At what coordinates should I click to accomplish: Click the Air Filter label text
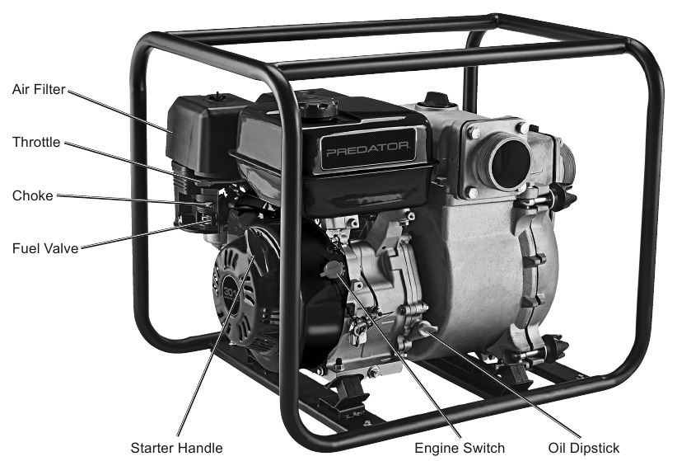coord(39,89)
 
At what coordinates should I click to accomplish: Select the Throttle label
coord(36,142)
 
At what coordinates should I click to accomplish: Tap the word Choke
coord(33,195)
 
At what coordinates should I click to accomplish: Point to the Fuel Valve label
coord(45,248)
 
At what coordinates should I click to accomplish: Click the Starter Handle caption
coord(176,448)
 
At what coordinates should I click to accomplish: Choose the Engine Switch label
coord(460,448)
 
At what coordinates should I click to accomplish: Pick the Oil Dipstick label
coord(584,448)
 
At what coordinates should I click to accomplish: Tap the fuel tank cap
coord(319,105)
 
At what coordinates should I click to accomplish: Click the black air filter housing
coord(203,132)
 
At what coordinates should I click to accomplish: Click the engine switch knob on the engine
coord(331,269)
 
